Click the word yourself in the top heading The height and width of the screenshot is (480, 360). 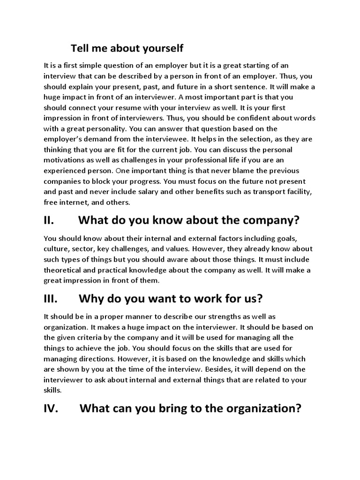[x=160, y=48]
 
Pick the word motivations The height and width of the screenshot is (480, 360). [x=67, y=160]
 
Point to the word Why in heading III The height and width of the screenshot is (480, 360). [x=91, y=299]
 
